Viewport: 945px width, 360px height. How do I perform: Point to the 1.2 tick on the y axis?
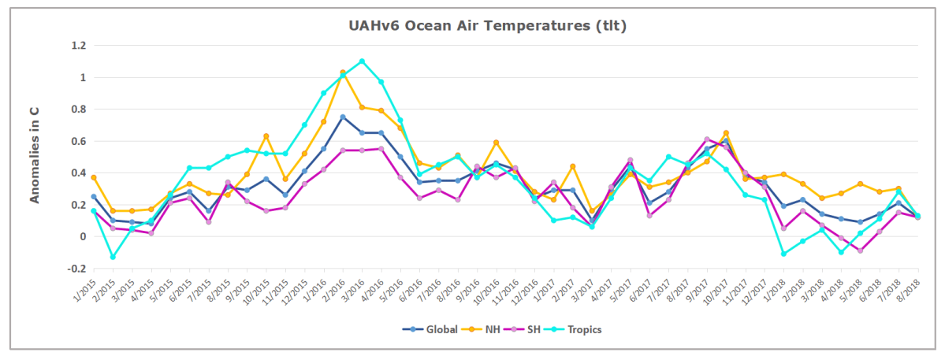77,46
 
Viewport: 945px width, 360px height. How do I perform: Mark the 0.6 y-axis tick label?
77,141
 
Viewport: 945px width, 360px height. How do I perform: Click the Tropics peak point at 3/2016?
362,61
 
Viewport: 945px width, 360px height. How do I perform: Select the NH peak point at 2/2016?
342,72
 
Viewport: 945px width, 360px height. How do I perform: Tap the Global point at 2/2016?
342,117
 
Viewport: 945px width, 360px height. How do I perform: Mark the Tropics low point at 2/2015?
113,257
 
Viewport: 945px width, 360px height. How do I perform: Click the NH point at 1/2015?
94,177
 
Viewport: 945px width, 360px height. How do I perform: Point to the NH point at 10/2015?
266,136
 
